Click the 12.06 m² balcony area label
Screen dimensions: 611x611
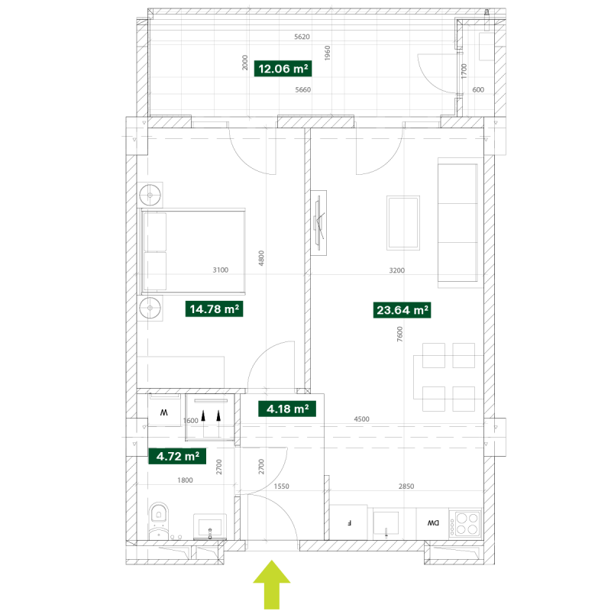tap(283, 69)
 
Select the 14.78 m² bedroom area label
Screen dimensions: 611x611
tap(214, 309)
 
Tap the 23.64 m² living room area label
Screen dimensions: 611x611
tap(402, 310)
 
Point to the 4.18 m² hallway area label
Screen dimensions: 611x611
tap(287, 409)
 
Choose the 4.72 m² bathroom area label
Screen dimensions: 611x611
tap(177, 456)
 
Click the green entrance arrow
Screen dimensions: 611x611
tap(272, 584)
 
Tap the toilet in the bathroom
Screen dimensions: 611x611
tap(158, 522)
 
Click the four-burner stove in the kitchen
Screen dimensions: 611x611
tap(465, 523)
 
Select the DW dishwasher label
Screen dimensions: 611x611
tap(433, 523)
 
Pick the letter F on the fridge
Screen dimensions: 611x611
tap(350, 523)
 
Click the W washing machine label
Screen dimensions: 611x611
tap(164, 412)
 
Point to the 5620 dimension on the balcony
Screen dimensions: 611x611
tap(302, 37)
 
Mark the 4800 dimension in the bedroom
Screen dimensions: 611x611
tap(261, 258)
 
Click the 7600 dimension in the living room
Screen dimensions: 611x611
tap(399, 334)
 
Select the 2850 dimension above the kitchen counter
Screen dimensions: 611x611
tap(406, 486)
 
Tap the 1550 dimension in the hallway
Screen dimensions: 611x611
tap(281, 486)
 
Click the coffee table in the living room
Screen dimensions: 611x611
tap(403, 223)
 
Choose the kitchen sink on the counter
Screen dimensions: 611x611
tap(386, 523)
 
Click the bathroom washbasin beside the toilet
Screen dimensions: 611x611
tap(210, 526)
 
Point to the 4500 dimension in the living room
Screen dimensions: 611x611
tap(361, 419)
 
